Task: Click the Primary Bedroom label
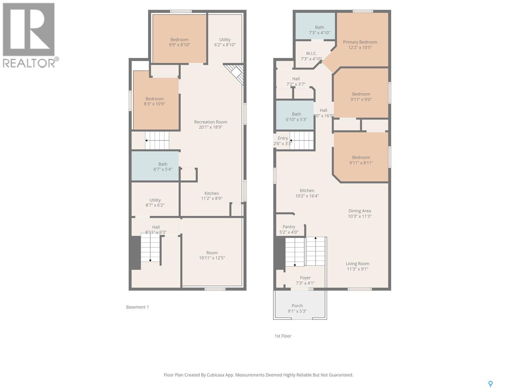[x=360, y=42]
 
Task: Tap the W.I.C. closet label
[x=311, y=53]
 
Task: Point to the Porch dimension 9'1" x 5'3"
[x=297, y=311]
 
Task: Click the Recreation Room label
[x=211, y=122]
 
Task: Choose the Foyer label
[x=305, y=278]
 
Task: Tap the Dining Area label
[x=360, y=211]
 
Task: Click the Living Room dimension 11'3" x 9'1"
[x=358, y=269]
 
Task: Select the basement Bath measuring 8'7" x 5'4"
[x=155, y=166]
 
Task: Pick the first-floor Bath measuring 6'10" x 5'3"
[x=295, y=115]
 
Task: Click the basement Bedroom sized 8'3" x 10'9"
[x=156, y=100]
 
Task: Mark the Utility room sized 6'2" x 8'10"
[x=225, y=38]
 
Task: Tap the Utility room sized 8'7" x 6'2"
[x=155, y=199]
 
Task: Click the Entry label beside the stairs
[x=283, y=138]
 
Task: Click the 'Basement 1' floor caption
[x=138, y=307]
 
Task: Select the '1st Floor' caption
[x=283, y=336]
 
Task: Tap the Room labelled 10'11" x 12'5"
[x=212, y=252]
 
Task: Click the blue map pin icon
[x=491, y=384]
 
